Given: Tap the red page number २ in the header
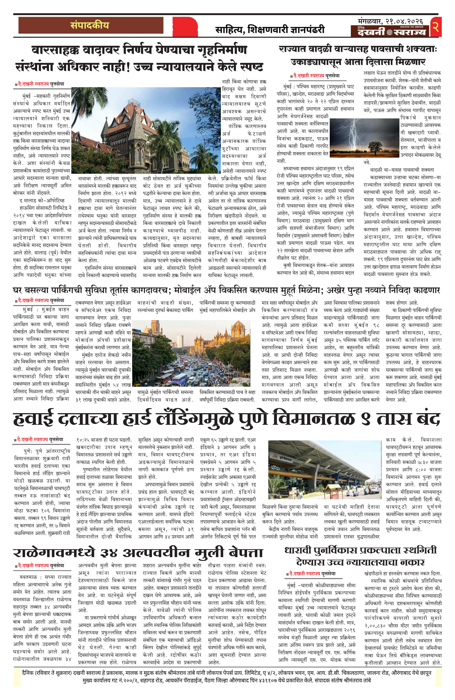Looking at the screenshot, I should coord(436,27).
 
